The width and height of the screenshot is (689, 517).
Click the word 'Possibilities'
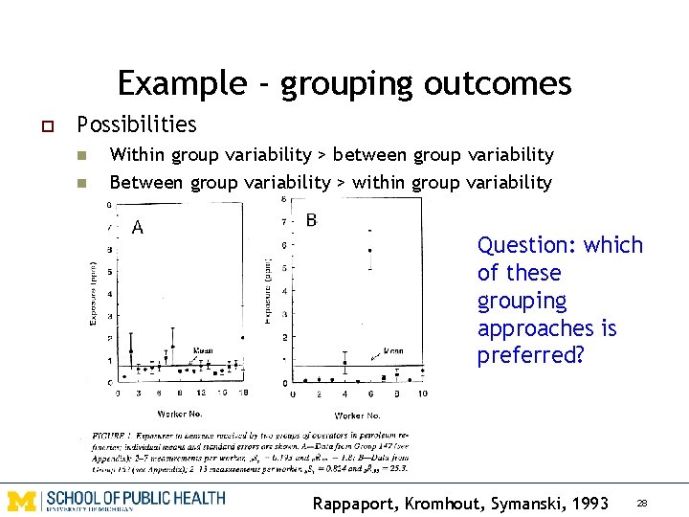[137, 124]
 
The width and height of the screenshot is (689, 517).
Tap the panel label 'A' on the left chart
[138, 228]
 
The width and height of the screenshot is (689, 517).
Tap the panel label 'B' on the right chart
[311, 221]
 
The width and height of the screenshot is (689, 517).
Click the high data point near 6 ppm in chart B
[369, 251]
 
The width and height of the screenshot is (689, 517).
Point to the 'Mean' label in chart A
[204, 350]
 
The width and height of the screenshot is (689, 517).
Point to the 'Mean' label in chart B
[392, 351]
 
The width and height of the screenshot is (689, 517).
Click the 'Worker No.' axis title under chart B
[357, 416]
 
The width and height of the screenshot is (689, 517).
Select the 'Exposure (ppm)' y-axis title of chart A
[94, 291]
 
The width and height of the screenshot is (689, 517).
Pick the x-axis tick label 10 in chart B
[422, 393]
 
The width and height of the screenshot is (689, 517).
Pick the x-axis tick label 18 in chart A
[246, 393]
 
